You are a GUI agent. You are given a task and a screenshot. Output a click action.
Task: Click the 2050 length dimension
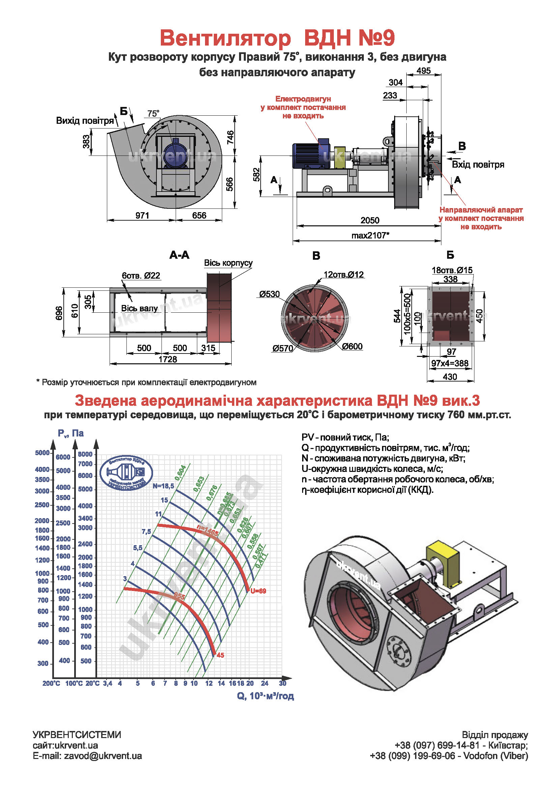point(370,220)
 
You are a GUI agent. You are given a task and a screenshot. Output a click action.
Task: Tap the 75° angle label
point(153,114)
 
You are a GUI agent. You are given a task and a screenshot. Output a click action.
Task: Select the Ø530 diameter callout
point(269,294)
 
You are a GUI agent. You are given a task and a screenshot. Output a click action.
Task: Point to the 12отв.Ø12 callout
point(344,275)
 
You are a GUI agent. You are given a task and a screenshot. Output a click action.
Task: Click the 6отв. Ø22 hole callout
point(141,276)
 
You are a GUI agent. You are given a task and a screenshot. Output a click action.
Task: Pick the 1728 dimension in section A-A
point(168,359)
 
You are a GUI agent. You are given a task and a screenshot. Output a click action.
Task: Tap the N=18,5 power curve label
point(164,486)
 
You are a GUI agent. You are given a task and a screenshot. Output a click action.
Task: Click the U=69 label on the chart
point(258,591)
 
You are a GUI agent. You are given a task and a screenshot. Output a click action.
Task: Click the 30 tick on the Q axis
point(282,683)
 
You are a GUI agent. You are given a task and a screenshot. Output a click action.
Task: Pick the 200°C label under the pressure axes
point(51,683)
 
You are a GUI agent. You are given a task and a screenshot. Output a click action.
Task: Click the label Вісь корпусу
point(228,263)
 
